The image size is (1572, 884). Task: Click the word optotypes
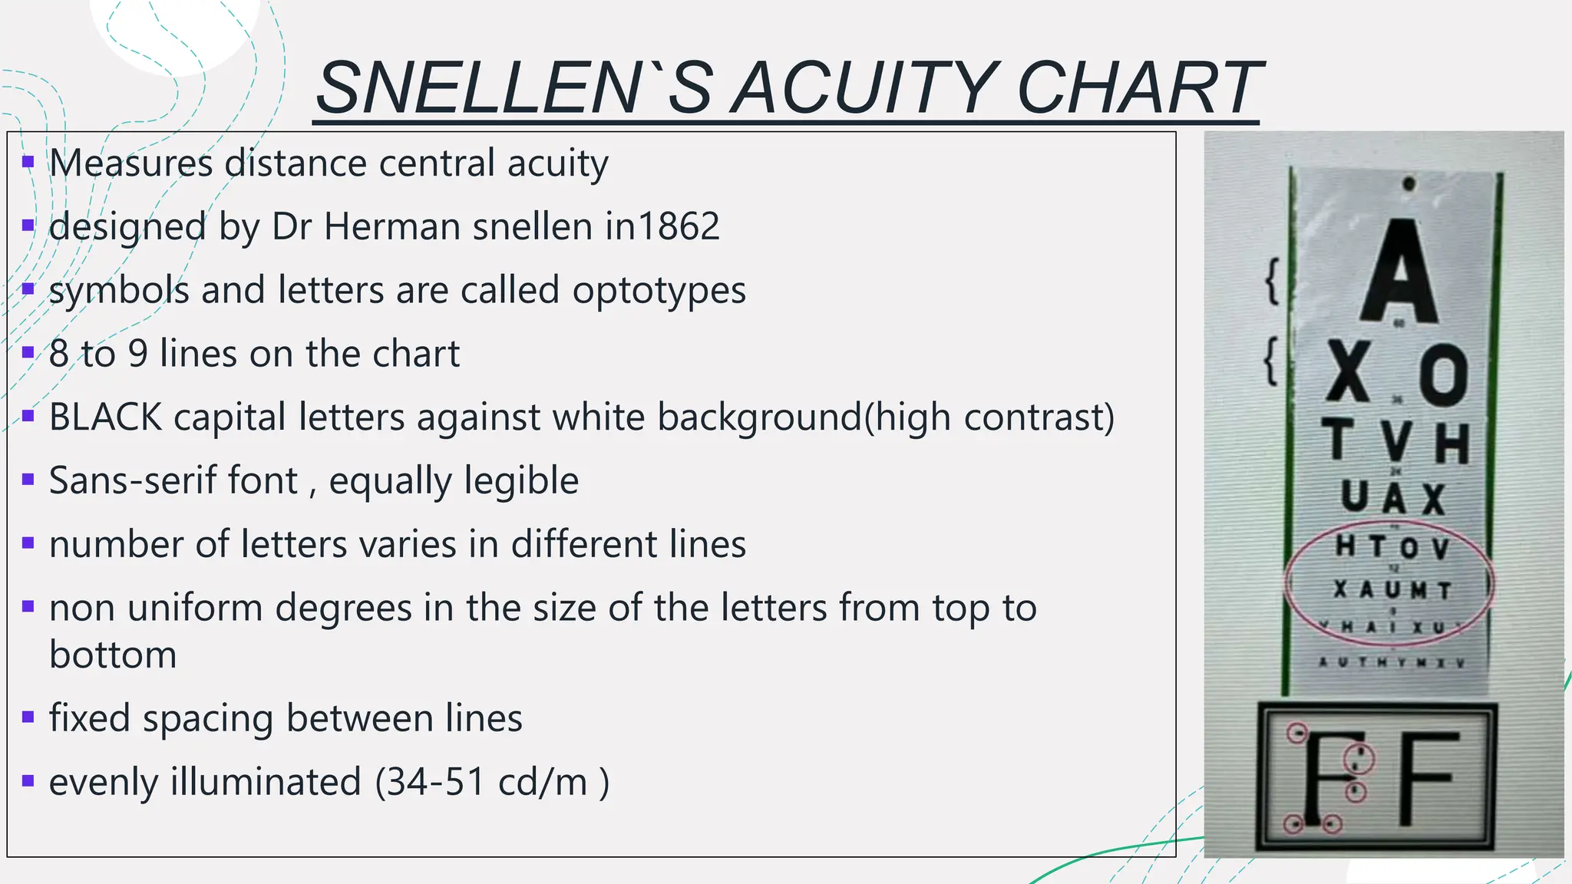(x=659, y=291)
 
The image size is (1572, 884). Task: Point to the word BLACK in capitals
(x=105, y=417)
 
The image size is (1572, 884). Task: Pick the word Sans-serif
(x=173, y=481)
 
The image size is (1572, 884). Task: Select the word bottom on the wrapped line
(x=113, y=655)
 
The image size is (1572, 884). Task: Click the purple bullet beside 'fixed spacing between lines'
(x=28, y=718)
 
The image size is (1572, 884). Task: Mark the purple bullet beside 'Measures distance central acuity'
(x=28, y=163)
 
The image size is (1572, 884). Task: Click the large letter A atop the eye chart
(x=1399, y=272)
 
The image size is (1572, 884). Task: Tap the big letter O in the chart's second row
(x=1443, y=375)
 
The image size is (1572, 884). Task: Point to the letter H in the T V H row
(x=1451, y=444)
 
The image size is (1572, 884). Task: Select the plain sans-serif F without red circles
(x=1426, y=778)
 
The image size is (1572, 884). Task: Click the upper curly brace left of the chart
(x=1272, y=281)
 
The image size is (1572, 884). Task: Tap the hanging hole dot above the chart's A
(x=1409, y=184)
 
